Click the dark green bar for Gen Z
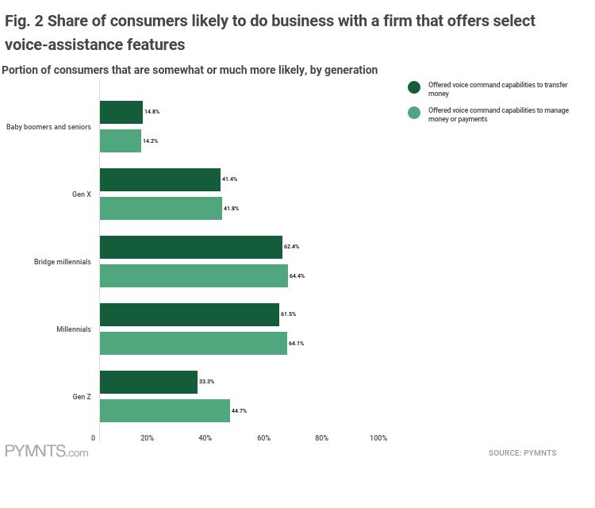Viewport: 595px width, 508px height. (x=148, y=382)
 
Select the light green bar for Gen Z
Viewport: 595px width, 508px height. (x=164, y=410)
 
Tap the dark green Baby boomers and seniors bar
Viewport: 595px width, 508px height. (x=121, y=112)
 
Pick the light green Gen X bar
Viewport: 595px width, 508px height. (x=160, y=208)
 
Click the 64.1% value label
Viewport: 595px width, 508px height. (x=297, y=343)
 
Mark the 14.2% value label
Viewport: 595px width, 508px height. (x=151, y=140)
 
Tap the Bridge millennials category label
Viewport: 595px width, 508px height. (x=62, y=261)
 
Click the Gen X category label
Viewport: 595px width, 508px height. (x=81, y=194)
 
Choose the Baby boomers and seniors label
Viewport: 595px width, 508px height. (x=48, y=126)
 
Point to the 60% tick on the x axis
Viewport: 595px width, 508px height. (x=263, y=438)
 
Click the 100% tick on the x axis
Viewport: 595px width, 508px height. (x=378, y=438)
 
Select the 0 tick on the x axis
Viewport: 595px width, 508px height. (x=94, y=438)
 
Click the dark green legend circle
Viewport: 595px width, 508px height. (x=413, y=87)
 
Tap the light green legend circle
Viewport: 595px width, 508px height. (x=413, y=113)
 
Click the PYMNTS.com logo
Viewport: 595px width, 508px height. (x=46, y=452)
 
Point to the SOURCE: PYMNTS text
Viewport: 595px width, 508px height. (x=522, y=453)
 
